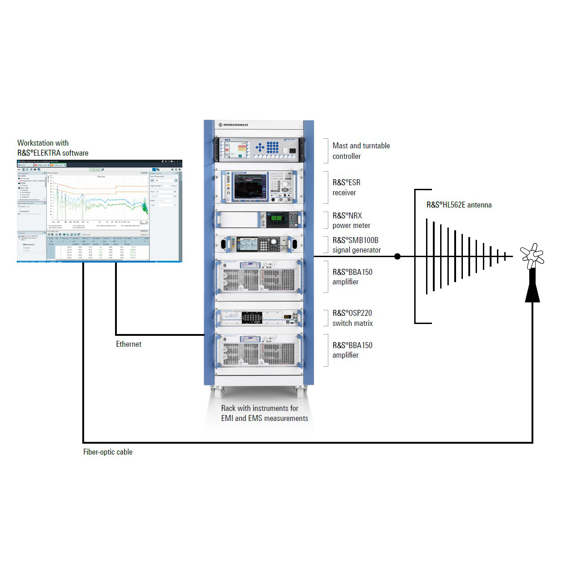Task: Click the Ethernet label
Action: coord(129,344)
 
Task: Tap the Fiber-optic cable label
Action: coord(108,452)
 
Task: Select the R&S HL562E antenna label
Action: coord(459,205)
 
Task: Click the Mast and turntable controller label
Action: coord(361,151)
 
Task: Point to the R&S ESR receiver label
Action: coord(346,187)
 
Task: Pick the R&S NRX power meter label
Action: coord(351,220)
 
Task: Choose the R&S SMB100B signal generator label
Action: coord(356,245)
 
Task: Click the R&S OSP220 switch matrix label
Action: coord(352,318)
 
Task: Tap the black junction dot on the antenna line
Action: coord(397,256)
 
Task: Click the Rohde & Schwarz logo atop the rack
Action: coord(233,125)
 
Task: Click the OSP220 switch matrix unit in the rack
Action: coord(259,317)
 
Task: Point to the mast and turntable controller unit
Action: coord(259,149)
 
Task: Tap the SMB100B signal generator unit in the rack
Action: coord(259,244)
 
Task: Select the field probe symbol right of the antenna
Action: coord(532,256)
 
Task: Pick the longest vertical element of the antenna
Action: coord(427,256)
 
